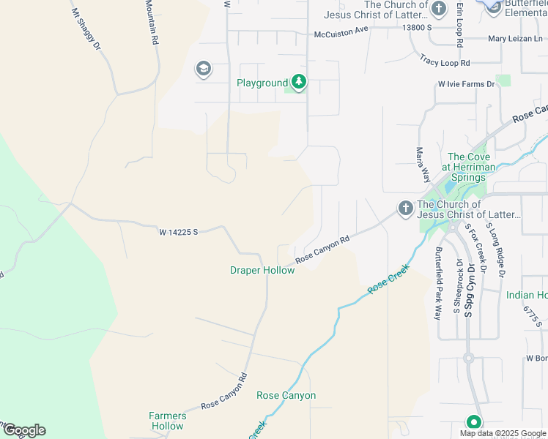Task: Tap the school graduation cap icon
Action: click(203, 70)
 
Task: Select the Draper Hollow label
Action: click(262, 271)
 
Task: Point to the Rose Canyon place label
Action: click(286, 396)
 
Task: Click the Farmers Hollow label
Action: click(168, 421)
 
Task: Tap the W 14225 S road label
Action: click(179, 232)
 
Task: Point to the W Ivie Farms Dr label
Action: click(467, 85)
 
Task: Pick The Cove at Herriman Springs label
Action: click(469, 167)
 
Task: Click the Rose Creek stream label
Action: click(386, 283)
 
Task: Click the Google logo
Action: click(23, 430)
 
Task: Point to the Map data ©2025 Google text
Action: click(503, 433)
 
